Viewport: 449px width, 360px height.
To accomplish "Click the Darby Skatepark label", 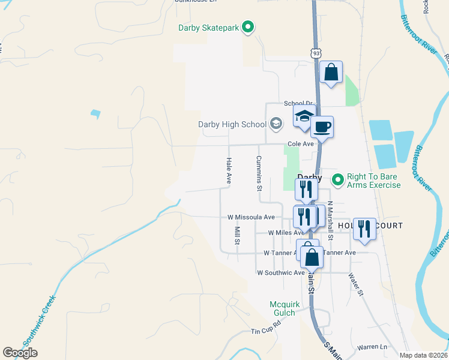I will [x=208, y=28].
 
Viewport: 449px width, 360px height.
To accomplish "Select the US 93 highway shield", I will [x=316, y=53].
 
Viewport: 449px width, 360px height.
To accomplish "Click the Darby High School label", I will [x=232, y=125].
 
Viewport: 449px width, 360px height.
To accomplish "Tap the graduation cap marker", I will [x=304, y=115].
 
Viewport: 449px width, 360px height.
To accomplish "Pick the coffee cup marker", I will [x=322, y=127].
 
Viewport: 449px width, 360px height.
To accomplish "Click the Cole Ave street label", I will [x=301, y=144].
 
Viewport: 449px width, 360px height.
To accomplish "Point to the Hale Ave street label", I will [x=229, y=170].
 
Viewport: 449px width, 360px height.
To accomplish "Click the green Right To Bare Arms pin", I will [x=337, y=178].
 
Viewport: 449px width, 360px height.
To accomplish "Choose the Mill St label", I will [x=237, y=236].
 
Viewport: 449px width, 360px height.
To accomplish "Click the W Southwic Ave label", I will [x=281, y=272].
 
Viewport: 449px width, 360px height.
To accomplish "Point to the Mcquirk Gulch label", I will [x=282, y=308].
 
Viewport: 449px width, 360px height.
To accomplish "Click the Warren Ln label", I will [x=372, y=347].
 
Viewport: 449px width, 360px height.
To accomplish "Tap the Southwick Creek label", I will [x=40, y=320].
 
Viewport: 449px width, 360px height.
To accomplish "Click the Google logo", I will [x=20, y=353].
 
